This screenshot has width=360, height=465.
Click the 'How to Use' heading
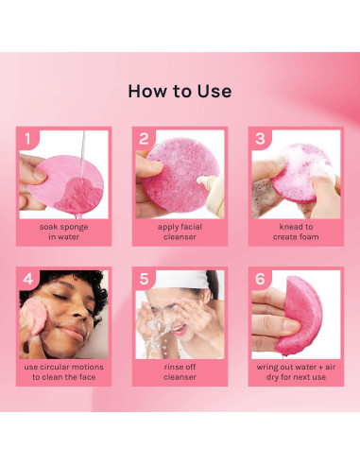[x=180, y=92]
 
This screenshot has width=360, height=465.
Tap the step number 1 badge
[x=28, y=139]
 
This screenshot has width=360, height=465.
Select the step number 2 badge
[x=144, y=139]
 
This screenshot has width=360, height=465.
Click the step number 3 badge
[x=259, y=139]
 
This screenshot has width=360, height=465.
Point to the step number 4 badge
[x=28, y=280]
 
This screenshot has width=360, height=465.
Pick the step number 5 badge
[x=144, y=280]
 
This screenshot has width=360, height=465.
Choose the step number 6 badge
[x=259, y=280]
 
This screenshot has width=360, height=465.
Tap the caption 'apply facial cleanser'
[x=180, y=232]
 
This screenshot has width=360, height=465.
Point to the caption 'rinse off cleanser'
[x=180, y=371]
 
